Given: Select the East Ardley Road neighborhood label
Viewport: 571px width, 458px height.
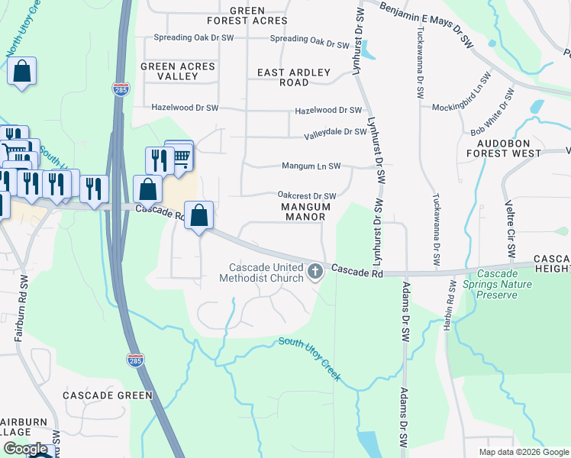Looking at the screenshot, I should click(294, 77).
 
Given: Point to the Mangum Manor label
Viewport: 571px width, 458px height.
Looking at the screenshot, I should click(305, 211).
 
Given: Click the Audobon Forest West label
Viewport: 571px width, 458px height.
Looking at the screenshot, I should click(509, 148).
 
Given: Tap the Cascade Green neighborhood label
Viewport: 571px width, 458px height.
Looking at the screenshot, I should click(107, 395).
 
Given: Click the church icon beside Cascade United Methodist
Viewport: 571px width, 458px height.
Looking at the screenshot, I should click(315, 271).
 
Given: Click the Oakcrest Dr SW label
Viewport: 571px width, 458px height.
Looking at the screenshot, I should click(306, 196).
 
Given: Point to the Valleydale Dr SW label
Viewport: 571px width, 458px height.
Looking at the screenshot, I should click(335, 132).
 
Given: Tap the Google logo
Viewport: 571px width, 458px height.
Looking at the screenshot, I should click(26, 449).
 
